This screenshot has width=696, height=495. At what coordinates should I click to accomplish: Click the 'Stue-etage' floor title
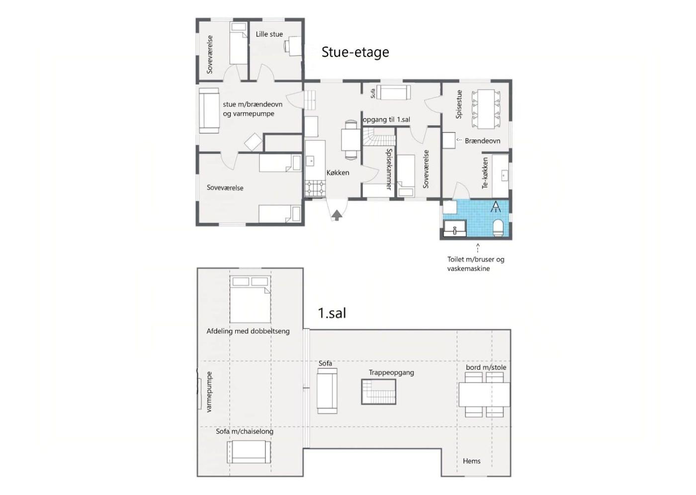tap(355, 53)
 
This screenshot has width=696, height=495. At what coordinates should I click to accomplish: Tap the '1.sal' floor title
tap(332, 313)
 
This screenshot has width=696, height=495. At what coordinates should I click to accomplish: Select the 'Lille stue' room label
tap(269, 34)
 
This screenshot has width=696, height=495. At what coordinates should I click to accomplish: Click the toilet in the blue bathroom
tap(498, 228)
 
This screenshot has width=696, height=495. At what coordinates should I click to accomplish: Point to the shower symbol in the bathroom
tap(496, 207)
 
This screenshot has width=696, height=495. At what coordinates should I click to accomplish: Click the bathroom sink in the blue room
tap(455, 229)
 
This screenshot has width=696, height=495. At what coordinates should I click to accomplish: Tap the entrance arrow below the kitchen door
tap(337, 215)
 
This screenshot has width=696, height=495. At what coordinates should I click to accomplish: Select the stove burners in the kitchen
tap(315, 189)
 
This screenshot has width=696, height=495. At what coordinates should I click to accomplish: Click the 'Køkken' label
tap(338, 172)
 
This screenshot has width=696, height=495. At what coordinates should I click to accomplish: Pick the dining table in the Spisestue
tap(486, 109)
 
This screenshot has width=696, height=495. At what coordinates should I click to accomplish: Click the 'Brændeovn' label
tap(483, 141)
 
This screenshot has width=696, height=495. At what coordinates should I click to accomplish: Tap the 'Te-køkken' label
tap(485, 173)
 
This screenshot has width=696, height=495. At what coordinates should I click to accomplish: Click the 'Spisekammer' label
tap(389, 169)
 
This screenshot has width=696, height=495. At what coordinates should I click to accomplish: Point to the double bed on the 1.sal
tap(250, 299)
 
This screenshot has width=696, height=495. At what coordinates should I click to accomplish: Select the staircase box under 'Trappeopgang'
tap(378, 392)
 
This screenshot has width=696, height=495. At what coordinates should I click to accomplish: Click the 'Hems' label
tap(471, 461)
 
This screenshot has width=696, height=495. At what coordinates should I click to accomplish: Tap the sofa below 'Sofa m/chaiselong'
tap(249, 452)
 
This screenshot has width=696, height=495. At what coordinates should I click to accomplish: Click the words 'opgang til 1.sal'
tap(387, 120)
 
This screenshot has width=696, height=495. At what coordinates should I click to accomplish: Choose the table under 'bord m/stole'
tap(484, 395)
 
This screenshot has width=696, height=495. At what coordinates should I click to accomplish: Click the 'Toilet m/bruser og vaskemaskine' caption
tap(476, 264)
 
